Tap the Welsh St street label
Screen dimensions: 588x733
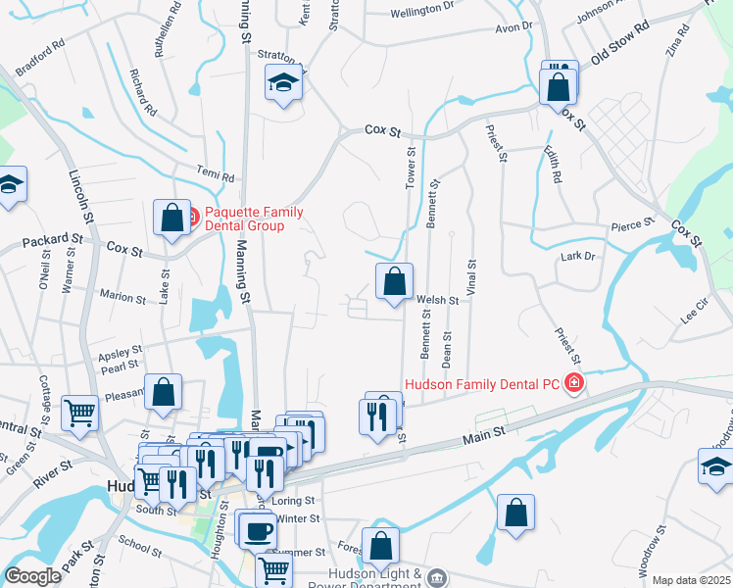tap(438, 301)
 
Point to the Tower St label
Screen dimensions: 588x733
tap(412, 169)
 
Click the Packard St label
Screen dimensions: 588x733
tap(53, 238)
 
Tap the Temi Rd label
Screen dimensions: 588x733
tap(216, 176)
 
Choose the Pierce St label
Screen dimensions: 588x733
tap(631, 224)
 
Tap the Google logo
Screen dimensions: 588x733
tap(32, 576)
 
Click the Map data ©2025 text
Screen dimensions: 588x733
tap(690, 580)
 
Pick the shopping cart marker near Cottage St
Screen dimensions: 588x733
tap(78, 412)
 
